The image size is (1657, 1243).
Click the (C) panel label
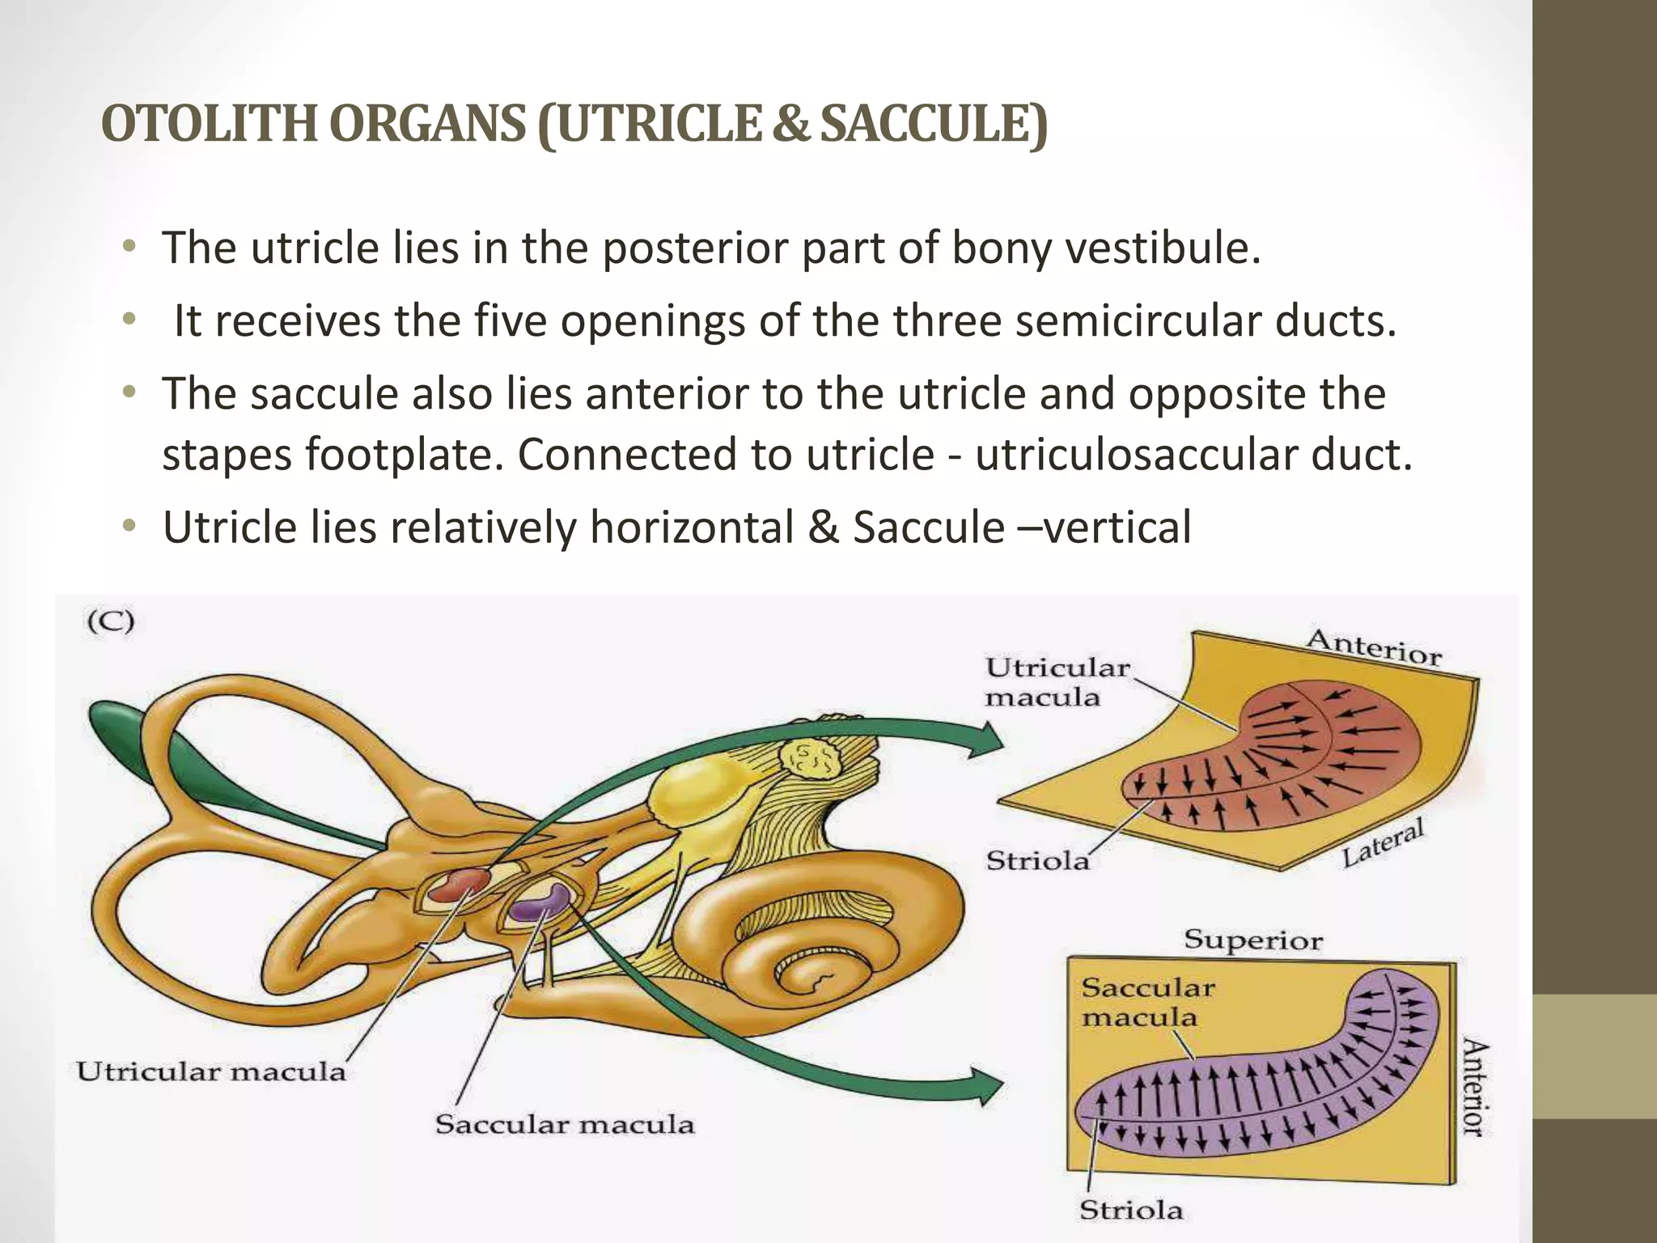(x=111, y=622)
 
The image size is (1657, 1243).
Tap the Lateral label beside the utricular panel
(x=1382, y=843)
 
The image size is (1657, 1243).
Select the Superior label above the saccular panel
(x=1253, y=940)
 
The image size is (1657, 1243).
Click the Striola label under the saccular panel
(x=1131, y=1211)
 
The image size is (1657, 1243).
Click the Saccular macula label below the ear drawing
(x=565, y=1125)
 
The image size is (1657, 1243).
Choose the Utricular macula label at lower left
(x=211, y=1072)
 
